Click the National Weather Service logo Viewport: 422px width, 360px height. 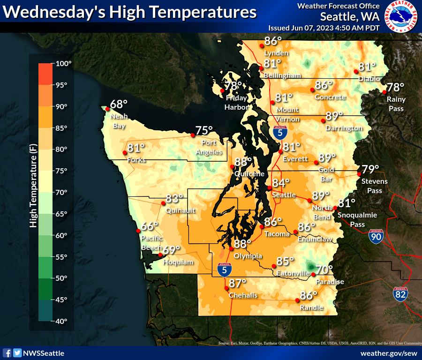pos(402,17)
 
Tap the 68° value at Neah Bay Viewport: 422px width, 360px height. pos(119,104)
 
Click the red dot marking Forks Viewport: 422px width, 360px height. pos(125,153)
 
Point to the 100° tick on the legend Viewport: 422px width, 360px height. pos(63,63)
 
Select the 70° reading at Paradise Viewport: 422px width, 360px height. pos(324,270)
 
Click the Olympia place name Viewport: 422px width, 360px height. pos(248,256)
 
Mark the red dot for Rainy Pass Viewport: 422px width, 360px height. pos(384,92)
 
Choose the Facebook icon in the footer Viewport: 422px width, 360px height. pos(7,353)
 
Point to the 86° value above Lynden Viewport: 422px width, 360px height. pos(273,41)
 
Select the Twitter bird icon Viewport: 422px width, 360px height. pos(17,353)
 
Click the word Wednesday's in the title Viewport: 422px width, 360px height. pos(55,12)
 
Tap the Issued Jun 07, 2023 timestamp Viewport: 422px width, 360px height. pos(324,28)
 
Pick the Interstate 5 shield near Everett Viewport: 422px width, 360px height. pos(280,132)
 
